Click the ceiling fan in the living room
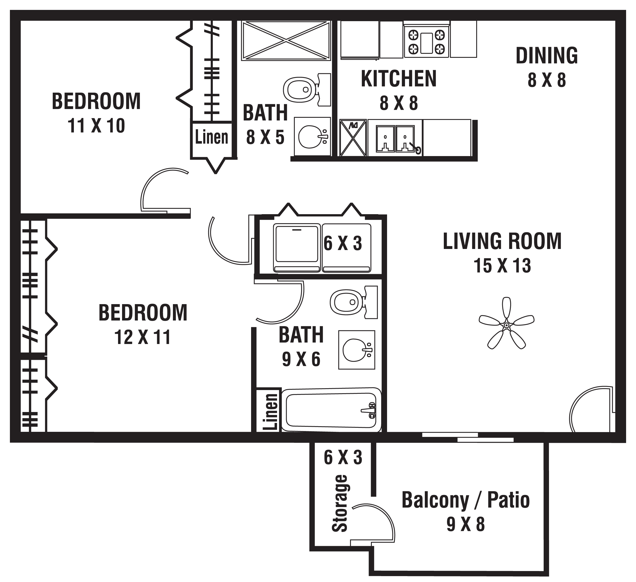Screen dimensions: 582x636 [506, 325]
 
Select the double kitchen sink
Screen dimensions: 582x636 [395, 138]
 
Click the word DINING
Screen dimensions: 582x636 [547, 56]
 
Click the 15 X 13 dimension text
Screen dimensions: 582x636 [502, 266]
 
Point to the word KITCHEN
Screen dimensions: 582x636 [399, 79]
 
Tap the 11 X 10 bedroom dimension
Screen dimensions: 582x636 [96, 126]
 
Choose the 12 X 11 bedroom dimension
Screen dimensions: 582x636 [143, 337]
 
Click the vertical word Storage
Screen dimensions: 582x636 [340, 503]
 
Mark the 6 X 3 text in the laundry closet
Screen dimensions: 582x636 [343, 244]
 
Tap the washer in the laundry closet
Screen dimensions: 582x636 [297, 248]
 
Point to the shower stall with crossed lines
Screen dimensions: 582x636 [286, 40]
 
